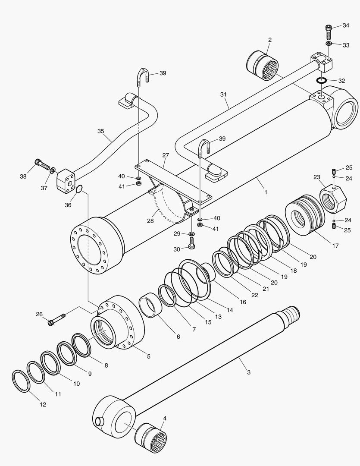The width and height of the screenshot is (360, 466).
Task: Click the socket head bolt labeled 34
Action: (329, 31)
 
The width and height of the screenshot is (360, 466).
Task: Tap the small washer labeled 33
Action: (329, 44)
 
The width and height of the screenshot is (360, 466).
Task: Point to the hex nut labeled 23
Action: (333, 199)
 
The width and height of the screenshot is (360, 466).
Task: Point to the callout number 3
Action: (248, 372)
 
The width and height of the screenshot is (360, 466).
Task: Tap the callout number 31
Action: (223, 94)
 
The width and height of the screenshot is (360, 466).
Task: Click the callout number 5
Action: (148, 356)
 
